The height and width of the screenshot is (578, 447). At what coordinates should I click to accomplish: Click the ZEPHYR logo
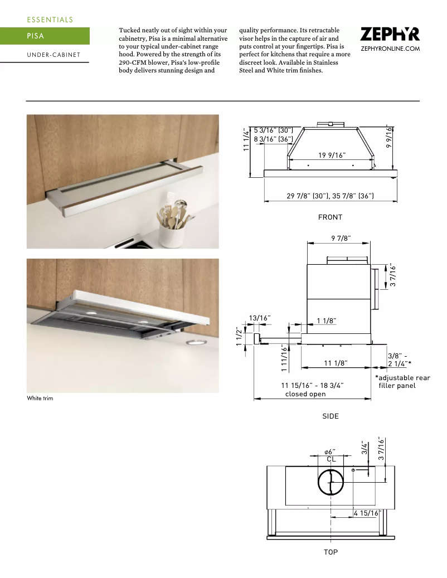[390, 35]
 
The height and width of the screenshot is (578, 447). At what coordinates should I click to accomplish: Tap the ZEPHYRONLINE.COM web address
[390, 49]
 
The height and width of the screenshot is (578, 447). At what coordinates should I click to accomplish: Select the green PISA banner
[45, 36]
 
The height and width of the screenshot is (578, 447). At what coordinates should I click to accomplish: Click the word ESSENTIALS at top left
[50, 20]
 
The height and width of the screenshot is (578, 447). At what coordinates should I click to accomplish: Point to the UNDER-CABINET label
[54, 55]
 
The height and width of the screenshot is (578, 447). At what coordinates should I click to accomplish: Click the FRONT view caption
[330, 217]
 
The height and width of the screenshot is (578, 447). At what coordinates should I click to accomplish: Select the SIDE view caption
[330, 416]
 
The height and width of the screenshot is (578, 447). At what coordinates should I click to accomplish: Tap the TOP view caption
[331, 552]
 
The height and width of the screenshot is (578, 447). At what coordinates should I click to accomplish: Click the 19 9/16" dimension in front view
[332, 155]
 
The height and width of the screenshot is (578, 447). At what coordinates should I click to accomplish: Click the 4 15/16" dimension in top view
[366, 513]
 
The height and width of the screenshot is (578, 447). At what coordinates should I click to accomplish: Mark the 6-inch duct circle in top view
[332, 482]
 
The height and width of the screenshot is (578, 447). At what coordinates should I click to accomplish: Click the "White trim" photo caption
[40, 399]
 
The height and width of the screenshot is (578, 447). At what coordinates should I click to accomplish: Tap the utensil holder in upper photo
[173, 229]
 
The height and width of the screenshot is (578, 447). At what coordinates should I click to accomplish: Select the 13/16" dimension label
[260, 318]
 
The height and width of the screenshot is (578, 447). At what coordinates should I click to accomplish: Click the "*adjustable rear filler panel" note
[402, 382]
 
